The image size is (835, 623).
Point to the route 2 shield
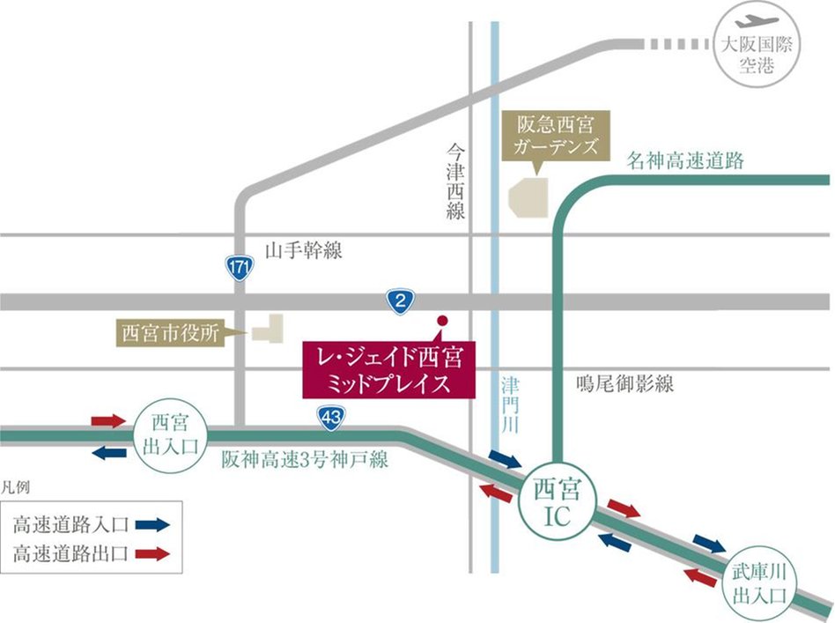click(x=400, y=302)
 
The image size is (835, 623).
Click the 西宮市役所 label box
click(x=171, y=334)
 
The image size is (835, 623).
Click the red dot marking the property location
click(x=443, y=320)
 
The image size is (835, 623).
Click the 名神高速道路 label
click(x=685, y=160)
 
